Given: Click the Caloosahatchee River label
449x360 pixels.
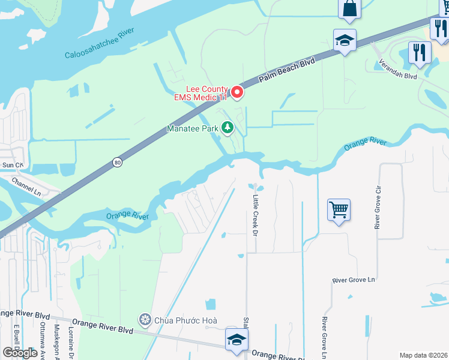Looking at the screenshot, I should click(107, 44).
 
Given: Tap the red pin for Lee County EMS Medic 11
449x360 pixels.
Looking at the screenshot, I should click(237, 92).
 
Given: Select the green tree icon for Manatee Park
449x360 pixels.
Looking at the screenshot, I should click(228, 127).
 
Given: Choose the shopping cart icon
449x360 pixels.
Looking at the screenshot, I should click(339, 210).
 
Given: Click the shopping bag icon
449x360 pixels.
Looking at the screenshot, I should click(349, 9).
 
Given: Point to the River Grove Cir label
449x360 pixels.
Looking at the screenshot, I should click(378, 207).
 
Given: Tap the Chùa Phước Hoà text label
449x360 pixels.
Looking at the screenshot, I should click(185, 320).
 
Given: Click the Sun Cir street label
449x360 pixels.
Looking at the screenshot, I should click(12, 164).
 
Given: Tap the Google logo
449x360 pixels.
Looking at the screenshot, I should click(20, 353).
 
